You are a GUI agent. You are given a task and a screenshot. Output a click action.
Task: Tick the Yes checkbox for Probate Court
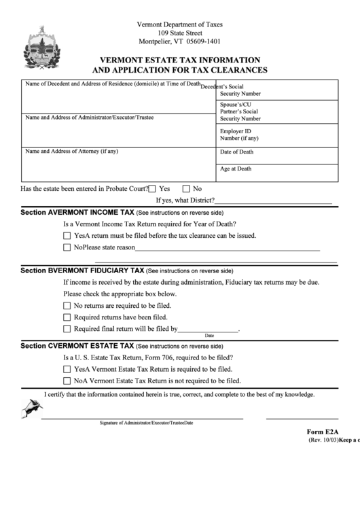152,189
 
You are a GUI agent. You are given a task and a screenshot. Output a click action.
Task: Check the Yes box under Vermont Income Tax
67,236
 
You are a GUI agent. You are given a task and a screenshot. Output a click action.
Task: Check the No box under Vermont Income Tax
67,248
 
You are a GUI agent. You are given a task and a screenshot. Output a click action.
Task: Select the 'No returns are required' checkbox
67,306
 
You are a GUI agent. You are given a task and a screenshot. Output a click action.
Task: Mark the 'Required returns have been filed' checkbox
67,317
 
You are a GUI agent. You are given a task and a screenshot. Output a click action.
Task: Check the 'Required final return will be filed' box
67,329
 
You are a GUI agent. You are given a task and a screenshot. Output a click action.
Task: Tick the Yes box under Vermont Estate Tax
67,369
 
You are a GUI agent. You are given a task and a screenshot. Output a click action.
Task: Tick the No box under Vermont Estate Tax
67,381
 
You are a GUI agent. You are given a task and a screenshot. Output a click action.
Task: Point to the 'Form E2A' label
322,432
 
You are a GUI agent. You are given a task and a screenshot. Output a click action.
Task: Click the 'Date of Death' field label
236,152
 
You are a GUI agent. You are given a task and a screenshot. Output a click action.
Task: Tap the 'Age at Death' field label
236,169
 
